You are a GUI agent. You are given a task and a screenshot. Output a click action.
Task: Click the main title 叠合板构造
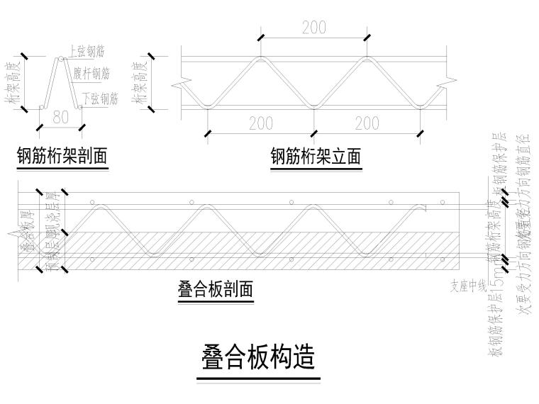(259, 358)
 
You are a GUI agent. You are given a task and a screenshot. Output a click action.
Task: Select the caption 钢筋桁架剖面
(62, 156)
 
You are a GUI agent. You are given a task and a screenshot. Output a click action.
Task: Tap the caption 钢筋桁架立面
(316, 156)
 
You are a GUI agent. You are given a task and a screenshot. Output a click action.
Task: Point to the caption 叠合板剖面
(216, 289)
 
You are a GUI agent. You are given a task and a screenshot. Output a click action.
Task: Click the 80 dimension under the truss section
(61, 118)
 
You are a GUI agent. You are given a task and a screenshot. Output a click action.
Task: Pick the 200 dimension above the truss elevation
(313, 28)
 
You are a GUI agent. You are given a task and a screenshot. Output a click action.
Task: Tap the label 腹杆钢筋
(91, 73)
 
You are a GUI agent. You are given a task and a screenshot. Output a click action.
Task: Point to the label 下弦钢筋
(99, 98)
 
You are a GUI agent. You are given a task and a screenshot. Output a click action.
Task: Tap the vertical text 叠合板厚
(29, 230)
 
